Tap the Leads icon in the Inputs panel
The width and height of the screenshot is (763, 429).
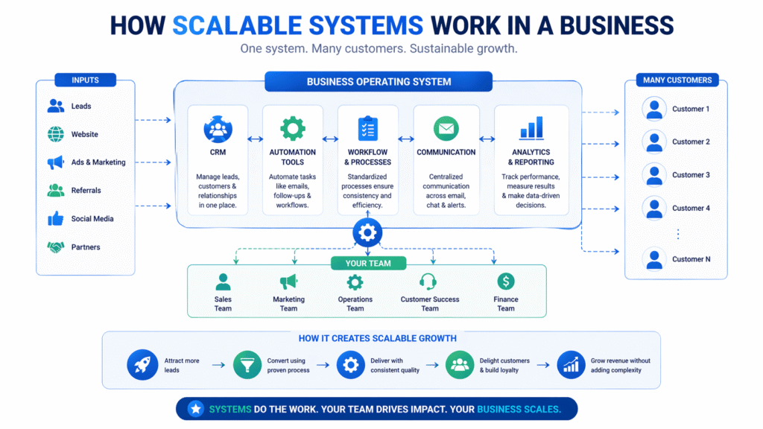pos(56,106)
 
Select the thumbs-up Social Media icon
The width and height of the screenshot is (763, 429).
pos(56,219)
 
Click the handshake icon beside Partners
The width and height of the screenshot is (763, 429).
pos(56,247)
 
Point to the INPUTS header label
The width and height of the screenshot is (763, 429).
pos(85,80)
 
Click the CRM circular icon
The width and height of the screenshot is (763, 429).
pos(218,129)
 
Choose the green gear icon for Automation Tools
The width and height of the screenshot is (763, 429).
pos(293,127)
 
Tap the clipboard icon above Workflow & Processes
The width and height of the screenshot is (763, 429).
pos(367,128)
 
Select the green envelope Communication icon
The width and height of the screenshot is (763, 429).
pos(446,129)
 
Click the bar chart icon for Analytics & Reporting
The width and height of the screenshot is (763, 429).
pos(531,128)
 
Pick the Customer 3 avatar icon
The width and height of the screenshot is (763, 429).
pos(654,175)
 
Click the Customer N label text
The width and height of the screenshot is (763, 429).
pos(691,259)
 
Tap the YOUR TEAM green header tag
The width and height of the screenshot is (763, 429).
pos(367,263)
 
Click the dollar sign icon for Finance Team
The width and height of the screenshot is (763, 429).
pos(506,282)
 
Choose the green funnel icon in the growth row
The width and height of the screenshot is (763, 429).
pos(247,365)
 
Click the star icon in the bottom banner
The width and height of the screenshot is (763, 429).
pos(196,409)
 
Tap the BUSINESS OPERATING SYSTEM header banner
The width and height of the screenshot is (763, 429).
pos(379,81)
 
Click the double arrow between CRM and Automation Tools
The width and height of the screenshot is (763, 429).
pos(255,139)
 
